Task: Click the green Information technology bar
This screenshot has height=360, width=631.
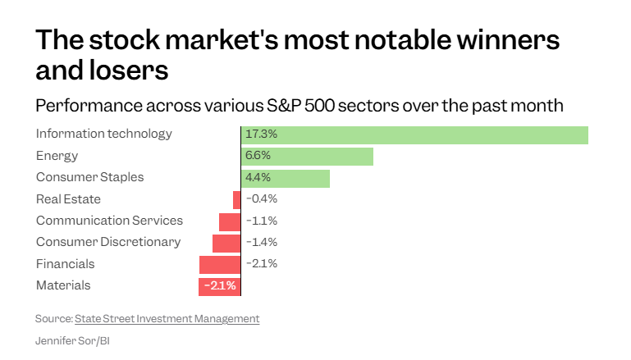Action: coord(414,135)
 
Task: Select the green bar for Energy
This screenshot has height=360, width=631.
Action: coord(307,157)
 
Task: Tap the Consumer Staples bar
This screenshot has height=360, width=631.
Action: coord(286,179)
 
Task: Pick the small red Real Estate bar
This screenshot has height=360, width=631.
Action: coord(236,200)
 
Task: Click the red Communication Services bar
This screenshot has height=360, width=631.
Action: coord(230,222)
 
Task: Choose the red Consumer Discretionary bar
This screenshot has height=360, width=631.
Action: coord(226,244)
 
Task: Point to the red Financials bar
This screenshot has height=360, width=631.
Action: coord(220,265)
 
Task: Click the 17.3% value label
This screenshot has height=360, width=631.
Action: coord(261,134)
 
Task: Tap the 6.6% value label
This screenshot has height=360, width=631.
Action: coord(258,155)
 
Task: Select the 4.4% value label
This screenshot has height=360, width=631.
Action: coord(258,177)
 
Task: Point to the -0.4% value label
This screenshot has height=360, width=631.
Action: coord(262,198)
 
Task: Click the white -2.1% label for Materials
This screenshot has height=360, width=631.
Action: coord(220,285)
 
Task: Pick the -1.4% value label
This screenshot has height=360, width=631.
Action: coord(262,242)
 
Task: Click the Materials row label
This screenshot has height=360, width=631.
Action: coord(63,285)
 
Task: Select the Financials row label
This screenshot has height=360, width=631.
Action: coord(65,264)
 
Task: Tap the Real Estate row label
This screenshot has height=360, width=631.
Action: coord(68,199)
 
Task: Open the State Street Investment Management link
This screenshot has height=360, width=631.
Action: coord(167,319)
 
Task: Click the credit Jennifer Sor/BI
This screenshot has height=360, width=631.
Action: coord(72,341)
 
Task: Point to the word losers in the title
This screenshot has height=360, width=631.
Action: coord(128,70)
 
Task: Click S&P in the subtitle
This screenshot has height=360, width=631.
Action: coord(283,106)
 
